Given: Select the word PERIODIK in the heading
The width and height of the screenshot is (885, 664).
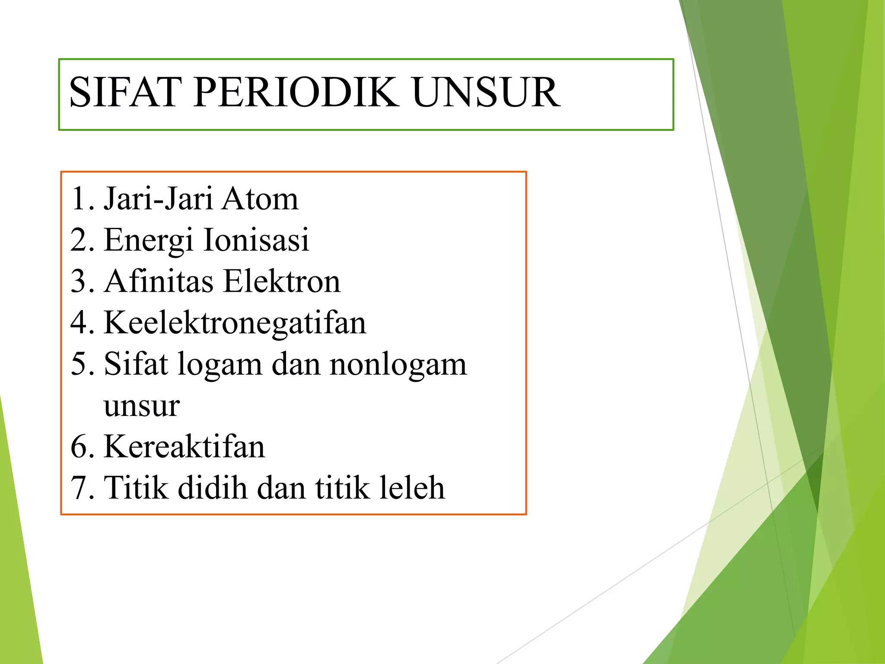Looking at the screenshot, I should (x=296, y=92).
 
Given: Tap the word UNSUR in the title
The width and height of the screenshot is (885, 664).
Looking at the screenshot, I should (x=486, y=92).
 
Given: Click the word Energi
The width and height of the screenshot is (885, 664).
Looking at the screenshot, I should (x=148, y=240).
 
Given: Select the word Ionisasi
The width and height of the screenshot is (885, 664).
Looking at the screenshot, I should (x=256, y=239).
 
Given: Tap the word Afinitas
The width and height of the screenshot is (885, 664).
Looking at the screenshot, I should (x=159, y=281).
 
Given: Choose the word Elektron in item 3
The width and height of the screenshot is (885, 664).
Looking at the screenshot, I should (x=282, y=281).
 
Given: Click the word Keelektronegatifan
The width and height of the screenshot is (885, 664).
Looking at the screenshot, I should (x=235, y=323).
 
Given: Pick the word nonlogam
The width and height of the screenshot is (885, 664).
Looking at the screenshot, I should (x=398, y=364).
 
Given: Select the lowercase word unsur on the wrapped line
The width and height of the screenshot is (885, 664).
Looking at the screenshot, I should (x=141, y=406).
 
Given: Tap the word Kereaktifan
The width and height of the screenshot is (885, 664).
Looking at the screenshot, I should (x=184, y=447).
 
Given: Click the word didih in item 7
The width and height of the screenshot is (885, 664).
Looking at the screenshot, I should (x=212, y=488).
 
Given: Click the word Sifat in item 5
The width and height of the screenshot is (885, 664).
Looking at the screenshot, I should (x=135, y=364).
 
